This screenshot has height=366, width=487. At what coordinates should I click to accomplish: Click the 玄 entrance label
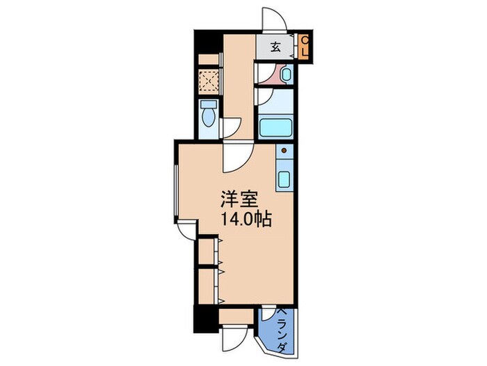(x=276, y=47)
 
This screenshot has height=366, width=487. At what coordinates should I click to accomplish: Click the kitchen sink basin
(x=285, y=178)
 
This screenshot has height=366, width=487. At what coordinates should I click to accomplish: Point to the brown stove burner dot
(x=284, y=150)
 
